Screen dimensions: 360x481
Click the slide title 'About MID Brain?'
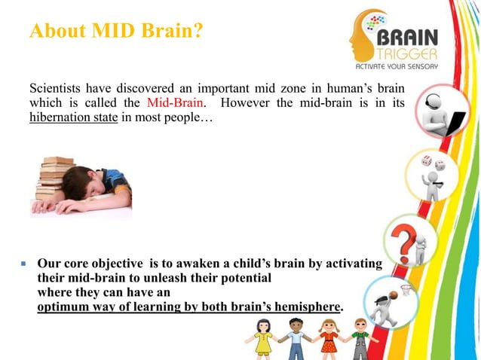tap(115, 32)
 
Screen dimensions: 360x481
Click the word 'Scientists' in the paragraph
tap(55, 88)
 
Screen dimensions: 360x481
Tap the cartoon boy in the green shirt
tap(360, 338)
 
